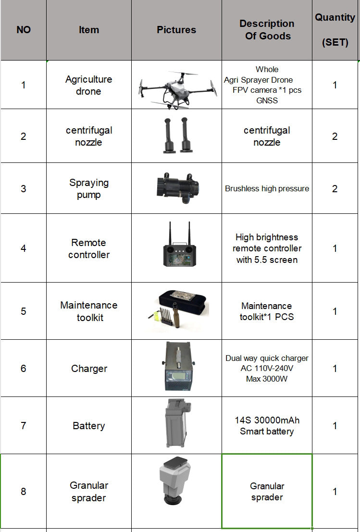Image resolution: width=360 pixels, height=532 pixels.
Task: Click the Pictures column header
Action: tap(176, 30)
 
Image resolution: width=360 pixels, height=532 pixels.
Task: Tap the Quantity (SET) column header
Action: tap(335, 30)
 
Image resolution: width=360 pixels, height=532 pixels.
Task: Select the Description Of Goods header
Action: tap(267, 30)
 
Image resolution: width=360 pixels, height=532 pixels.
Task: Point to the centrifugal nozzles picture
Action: tap(176, 135)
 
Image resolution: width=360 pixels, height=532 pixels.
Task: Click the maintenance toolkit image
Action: tap(176, 311)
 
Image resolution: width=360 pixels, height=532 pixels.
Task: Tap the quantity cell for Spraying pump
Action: tap(335, 188)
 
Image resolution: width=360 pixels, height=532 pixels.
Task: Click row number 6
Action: tap(23, 369)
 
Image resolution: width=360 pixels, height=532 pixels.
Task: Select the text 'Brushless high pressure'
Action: tap(267, 188)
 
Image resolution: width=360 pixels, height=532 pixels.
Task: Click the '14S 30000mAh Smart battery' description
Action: tap(267, 426)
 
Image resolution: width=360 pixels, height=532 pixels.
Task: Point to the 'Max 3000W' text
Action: tap(267, 379)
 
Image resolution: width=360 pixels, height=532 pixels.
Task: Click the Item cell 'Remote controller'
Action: tap(89, 248)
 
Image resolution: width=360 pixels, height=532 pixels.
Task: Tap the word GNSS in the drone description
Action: tap(267, 100)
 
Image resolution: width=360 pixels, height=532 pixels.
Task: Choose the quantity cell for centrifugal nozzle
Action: tap(335, 136)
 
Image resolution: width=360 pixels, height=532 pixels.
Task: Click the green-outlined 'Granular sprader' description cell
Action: tap(267, 491)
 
